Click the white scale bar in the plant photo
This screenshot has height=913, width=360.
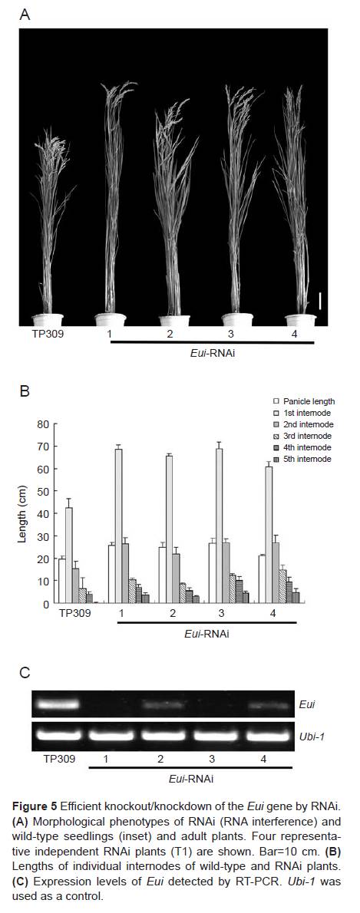(320, 301)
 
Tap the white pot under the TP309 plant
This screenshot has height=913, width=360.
(48, 320)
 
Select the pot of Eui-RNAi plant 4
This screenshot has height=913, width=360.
(301, 320)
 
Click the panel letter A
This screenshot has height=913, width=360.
(25, 15)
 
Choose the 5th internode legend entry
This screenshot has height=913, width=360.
(303, 460)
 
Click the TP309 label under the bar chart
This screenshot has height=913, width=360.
(75, 613)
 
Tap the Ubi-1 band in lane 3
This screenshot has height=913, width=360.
(213, 736)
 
